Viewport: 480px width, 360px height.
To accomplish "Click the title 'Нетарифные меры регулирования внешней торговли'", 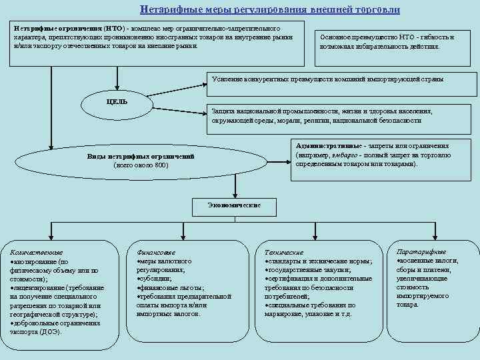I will click(270, 10).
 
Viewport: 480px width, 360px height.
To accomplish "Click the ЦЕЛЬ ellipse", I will click(117, 102).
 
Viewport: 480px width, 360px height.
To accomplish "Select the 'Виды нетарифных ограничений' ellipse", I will click(141, 160).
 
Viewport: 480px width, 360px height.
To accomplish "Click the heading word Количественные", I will click(37, 253).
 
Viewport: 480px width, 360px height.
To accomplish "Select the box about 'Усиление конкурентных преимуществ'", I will click(327, 79).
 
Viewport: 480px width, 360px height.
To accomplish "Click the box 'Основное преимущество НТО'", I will click(387, 42).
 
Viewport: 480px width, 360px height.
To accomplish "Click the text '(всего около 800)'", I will click(141, 165).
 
